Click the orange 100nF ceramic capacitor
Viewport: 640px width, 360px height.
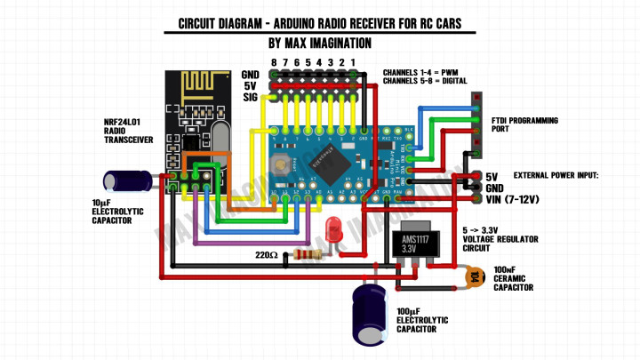click(x=476, y=277)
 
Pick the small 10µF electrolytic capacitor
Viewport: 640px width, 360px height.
click(x=124, y=180)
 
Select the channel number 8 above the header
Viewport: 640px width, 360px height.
click(x=275, y=62)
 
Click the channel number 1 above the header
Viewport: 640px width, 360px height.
click(x=353, y=62)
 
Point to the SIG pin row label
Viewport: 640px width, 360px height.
click(x=250, y=99)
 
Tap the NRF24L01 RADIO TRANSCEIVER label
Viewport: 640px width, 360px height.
click(x=130, y=132)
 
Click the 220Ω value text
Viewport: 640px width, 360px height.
click(x=267, y=256)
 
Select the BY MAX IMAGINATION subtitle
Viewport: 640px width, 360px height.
click(x=319, y=42)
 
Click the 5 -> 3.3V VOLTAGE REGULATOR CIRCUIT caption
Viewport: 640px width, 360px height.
click(x=496, y=239)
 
